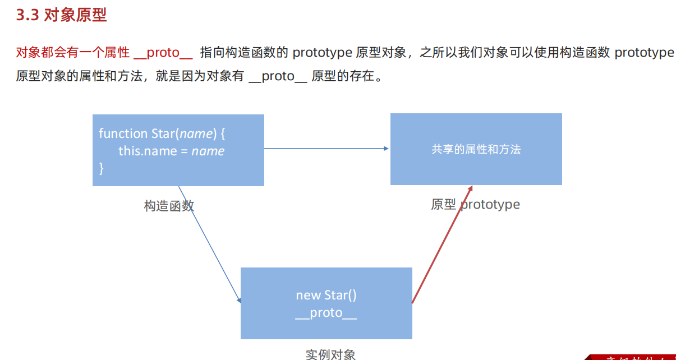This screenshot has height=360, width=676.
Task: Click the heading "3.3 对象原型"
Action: (61, 15)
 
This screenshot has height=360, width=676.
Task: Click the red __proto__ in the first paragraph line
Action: (163, 53)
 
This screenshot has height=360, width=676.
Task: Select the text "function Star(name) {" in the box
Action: (162, 133)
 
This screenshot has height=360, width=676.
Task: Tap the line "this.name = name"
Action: (171, 151)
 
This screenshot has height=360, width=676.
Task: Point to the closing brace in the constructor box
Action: (102, 168)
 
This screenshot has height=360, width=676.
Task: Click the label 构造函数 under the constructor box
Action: (169, 206)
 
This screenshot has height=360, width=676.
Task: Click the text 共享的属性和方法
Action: (476, 149)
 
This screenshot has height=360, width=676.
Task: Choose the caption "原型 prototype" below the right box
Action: (475, 205)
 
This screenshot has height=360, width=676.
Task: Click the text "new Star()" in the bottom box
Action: (326, 295)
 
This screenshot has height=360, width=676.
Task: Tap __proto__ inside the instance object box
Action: (326, 313)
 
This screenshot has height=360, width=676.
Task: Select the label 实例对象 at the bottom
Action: (330, 354)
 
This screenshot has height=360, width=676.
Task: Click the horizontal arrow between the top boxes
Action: (325, 149)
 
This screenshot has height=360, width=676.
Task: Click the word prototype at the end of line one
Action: (644, 53)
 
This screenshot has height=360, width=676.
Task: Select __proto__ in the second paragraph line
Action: (277, 76)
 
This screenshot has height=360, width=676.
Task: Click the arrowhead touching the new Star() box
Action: (239, 301)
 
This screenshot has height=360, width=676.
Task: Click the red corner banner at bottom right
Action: (634, 357)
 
